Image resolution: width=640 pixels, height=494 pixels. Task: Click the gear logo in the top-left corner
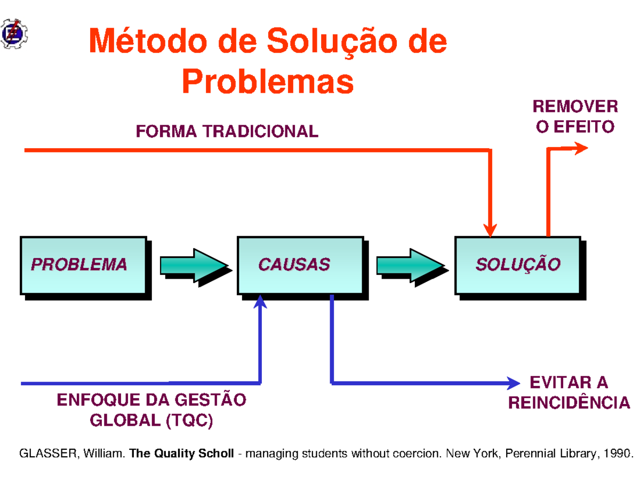[14, 34]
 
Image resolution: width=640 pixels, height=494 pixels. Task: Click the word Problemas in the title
[268, 82]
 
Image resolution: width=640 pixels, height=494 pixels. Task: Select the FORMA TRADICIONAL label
[227, 131]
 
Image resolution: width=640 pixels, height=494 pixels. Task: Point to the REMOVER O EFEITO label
[575, 117]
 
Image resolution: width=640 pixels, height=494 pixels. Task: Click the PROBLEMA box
[83, 265]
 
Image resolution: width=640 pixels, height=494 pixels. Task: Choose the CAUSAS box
[300, 265]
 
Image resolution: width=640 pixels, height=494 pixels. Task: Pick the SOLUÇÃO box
[517, 265]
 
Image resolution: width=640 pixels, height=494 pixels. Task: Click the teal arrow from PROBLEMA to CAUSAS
[195, 265]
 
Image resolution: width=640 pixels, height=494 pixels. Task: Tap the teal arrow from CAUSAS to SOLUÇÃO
[411, 265]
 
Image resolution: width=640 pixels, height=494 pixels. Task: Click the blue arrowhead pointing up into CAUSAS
[260, 302]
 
